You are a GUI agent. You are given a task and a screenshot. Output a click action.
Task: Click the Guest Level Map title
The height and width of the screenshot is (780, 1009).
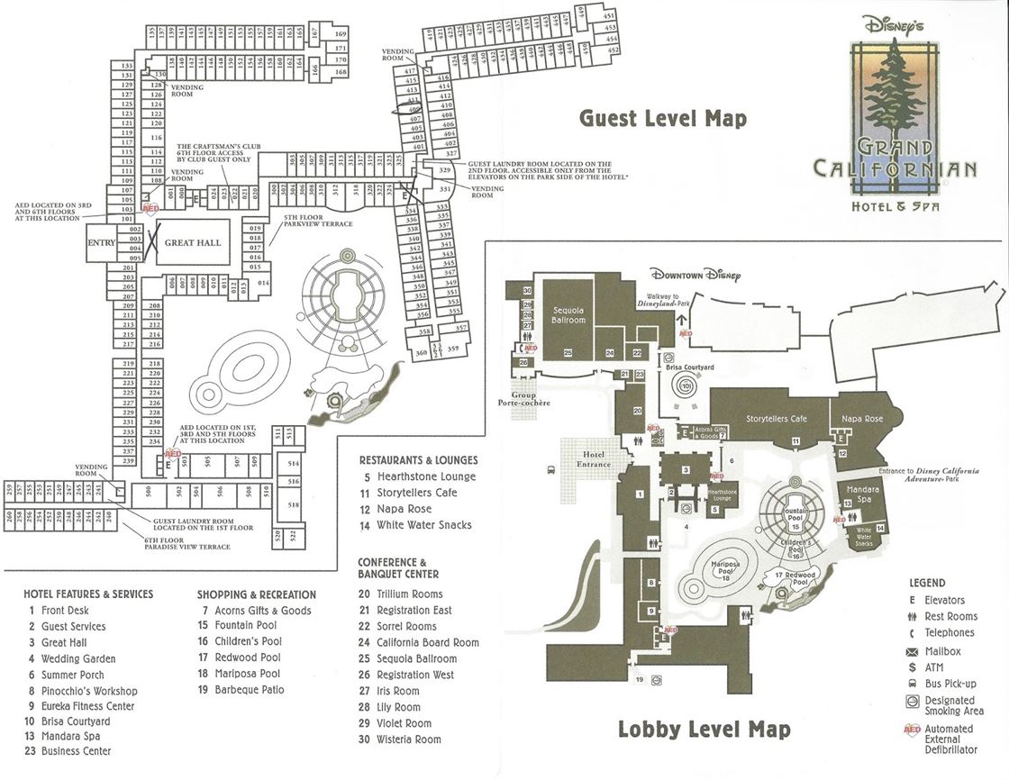click(662, 118)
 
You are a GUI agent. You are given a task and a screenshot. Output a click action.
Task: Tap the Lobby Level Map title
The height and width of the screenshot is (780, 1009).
click(704, 729)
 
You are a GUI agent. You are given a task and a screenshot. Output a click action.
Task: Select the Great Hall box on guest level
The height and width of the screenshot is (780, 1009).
click(192, 243)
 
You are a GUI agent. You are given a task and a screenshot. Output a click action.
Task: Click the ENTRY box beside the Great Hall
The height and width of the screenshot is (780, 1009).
click(101, 243)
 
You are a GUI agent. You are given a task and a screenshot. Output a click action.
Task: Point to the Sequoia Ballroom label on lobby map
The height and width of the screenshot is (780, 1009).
click(568, 314)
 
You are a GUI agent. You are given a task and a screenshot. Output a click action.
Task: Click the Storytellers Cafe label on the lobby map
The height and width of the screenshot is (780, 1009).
click(775, 419)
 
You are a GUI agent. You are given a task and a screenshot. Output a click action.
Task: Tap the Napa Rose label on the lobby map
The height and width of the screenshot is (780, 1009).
click(863, 420)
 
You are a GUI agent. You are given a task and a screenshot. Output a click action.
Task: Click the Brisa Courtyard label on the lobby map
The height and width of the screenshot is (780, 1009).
click(689, 367)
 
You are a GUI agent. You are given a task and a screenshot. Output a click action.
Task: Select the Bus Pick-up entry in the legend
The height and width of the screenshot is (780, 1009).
click(949, 684)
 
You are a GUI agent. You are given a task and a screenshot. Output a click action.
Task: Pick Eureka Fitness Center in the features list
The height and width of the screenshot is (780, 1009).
click(80, 706)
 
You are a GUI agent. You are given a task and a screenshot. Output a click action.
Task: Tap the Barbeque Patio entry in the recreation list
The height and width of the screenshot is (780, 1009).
click(249, 690)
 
